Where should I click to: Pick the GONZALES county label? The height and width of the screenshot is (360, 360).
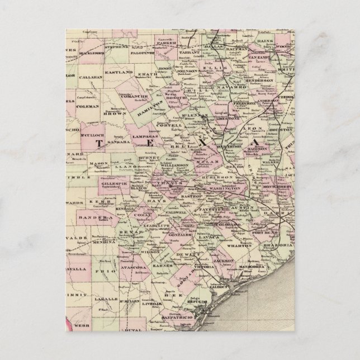178,237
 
